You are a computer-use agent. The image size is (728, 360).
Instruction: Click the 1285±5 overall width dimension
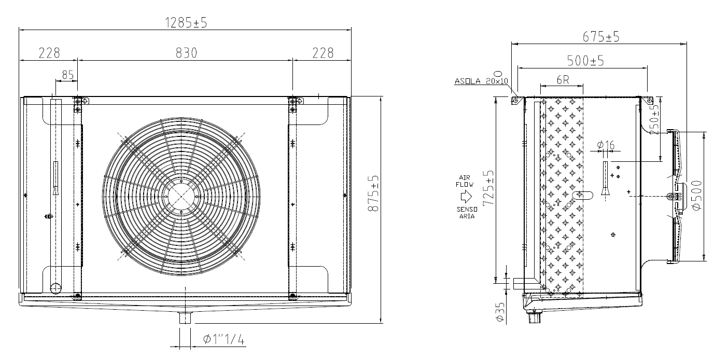(186, 23)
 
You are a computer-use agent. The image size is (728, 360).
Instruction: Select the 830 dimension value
(187, 53)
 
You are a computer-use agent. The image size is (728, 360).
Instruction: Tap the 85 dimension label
(68, 75)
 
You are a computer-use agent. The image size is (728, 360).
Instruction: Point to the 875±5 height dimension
(373, 193)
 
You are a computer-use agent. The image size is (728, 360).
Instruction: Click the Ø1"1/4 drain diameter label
(223, 340)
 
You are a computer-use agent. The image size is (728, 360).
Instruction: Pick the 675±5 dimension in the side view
(601, 37)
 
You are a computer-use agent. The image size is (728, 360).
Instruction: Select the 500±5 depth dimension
(585, 61)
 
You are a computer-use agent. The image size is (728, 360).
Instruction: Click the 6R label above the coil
(563, 80)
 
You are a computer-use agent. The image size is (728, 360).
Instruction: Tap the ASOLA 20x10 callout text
(481, 81)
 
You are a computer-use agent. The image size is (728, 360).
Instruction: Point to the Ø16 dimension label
(606, 145)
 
